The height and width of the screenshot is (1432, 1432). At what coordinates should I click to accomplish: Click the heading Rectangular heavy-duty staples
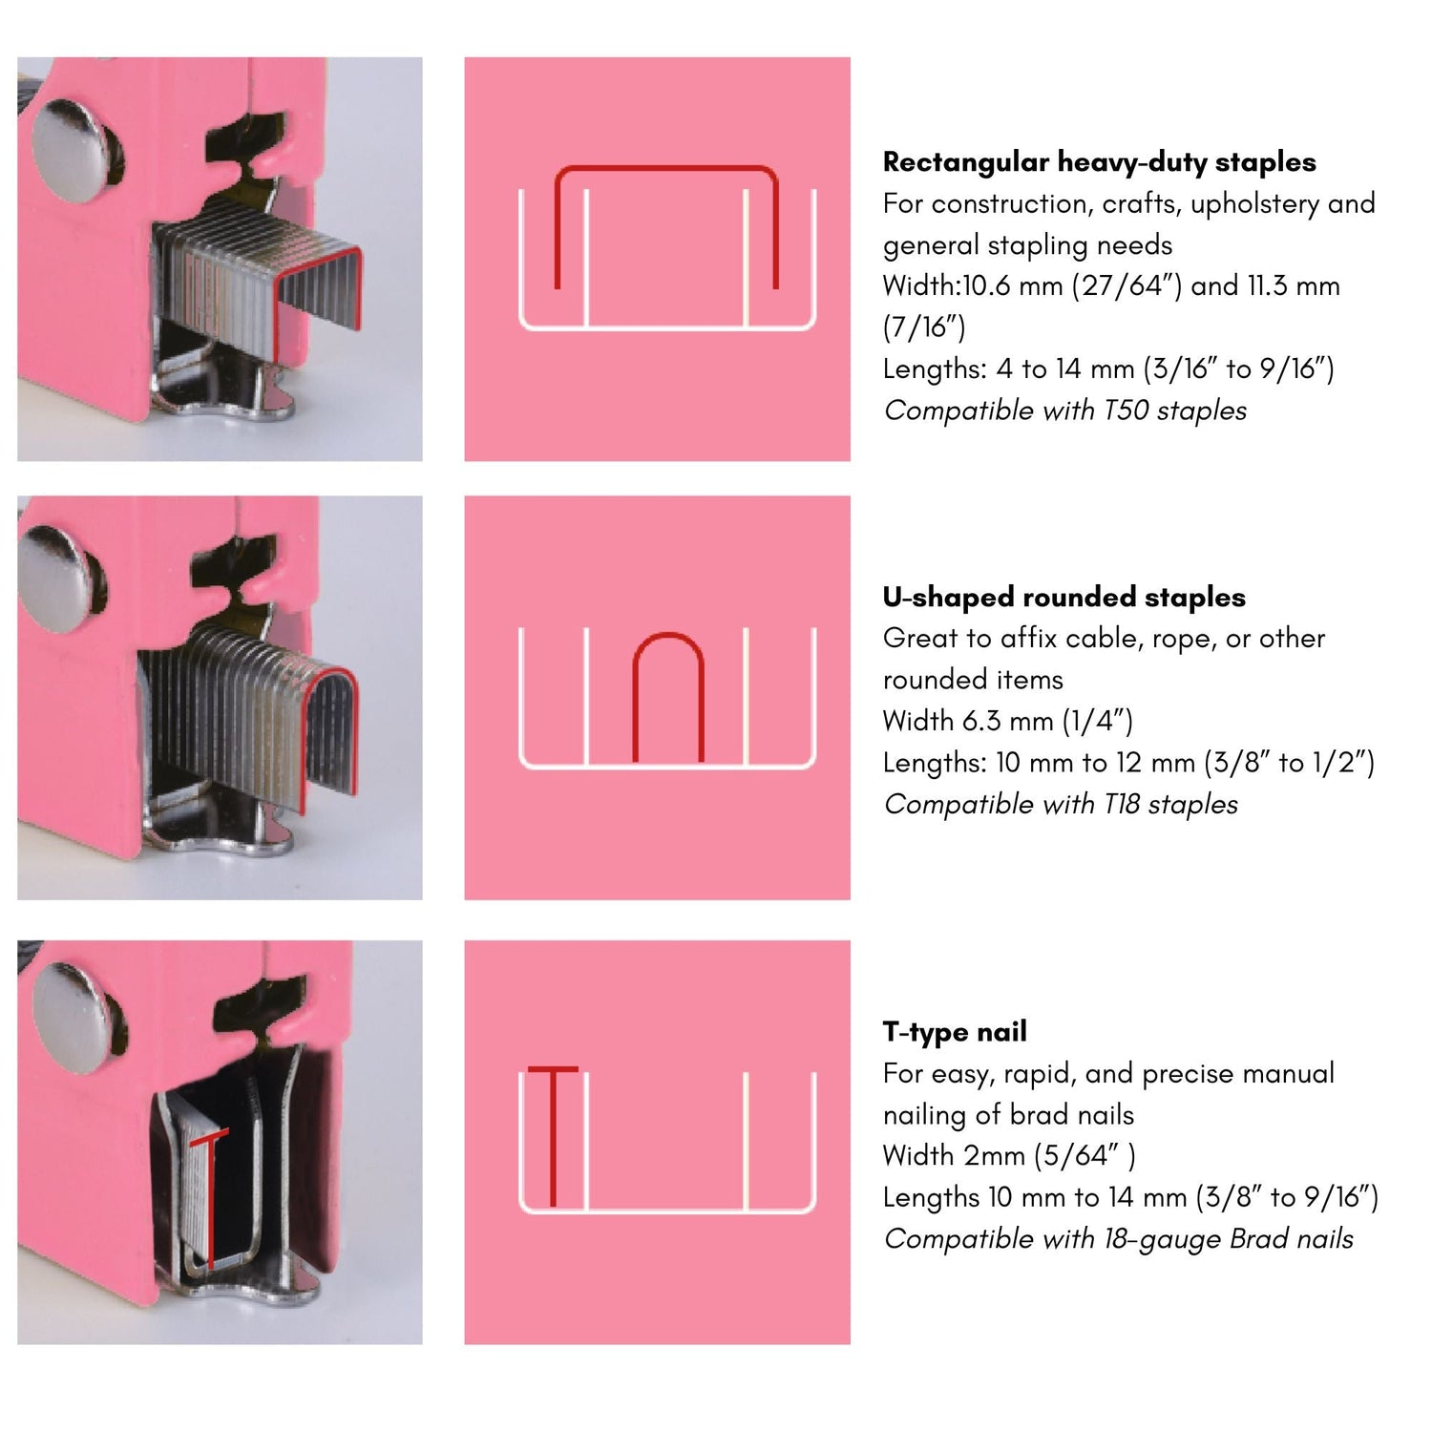point(1099,162)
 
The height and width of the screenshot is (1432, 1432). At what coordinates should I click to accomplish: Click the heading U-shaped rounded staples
point(1063,598)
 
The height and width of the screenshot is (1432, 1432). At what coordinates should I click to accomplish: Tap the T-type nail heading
point(955,1032)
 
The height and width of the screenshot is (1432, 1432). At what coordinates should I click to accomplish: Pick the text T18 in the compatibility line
point(1122,804)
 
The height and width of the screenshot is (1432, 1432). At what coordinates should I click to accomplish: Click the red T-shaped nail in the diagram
point(553,1136)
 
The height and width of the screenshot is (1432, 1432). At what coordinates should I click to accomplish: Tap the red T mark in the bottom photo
point(210,1198)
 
